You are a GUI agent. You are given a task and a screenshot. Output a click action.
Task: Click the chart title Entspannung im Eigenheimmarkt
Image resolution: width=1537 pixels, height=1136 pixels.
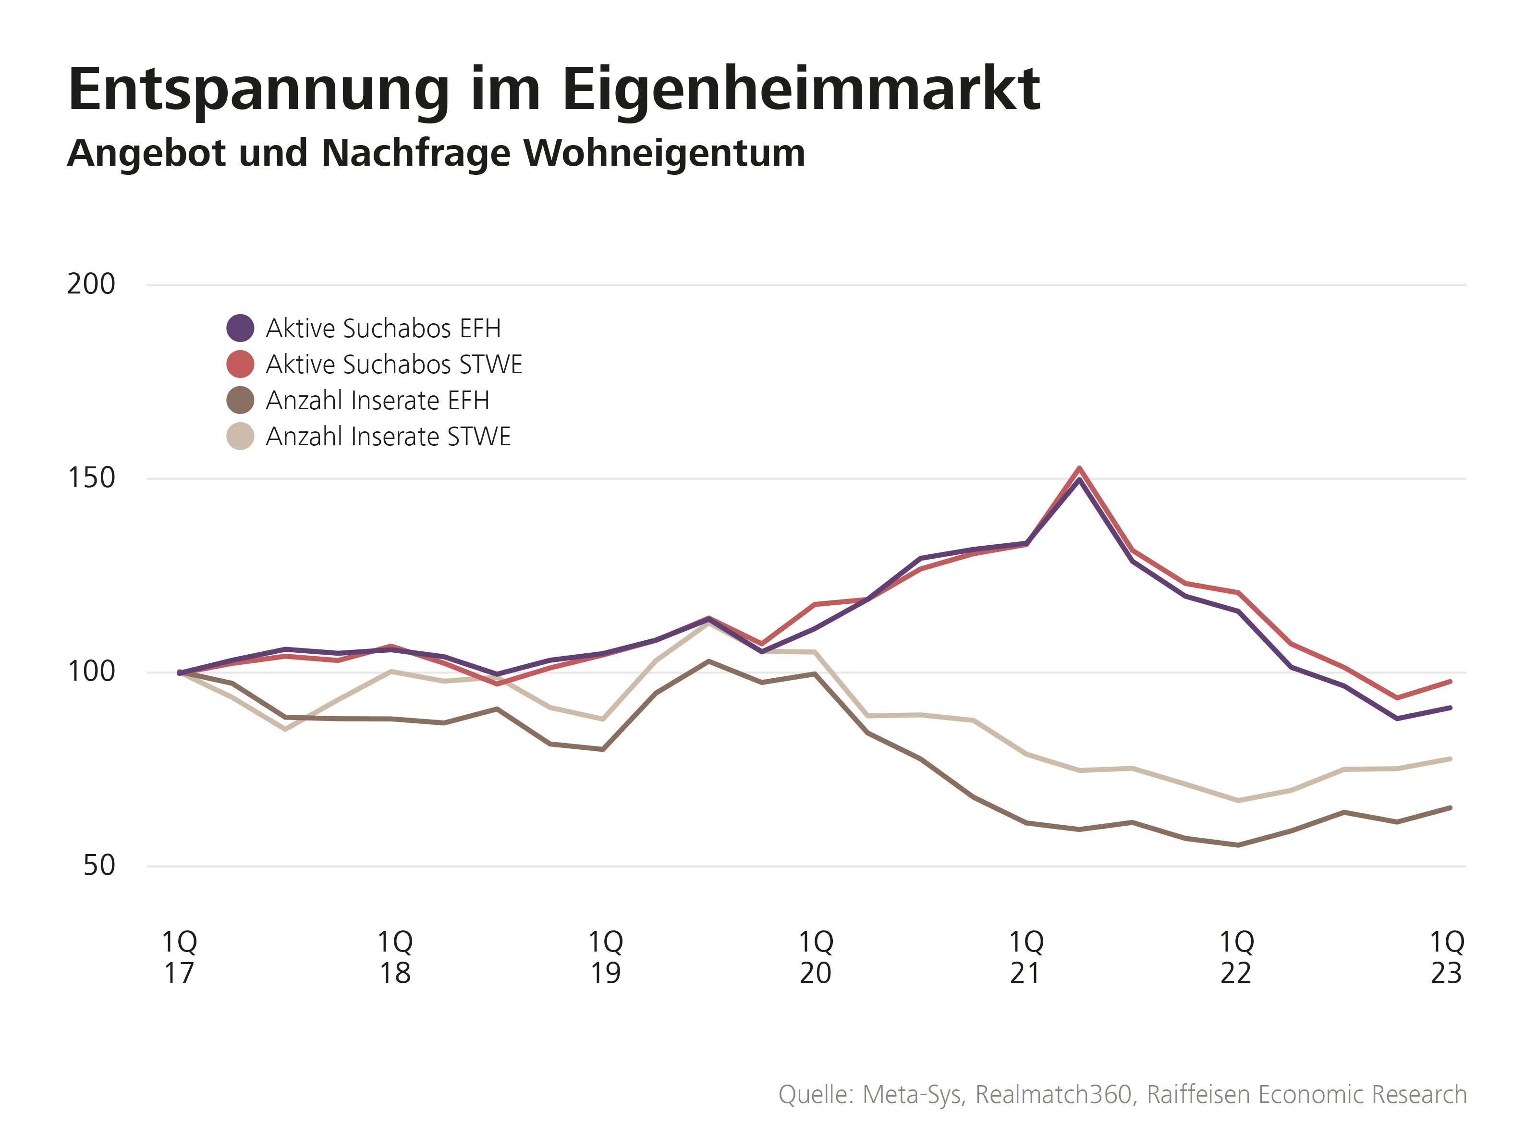(554, 89)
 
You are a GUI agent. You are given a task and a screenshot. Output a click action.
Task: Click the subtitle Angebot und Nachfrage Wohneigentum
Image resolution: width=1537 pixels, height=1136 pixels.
(436, 153)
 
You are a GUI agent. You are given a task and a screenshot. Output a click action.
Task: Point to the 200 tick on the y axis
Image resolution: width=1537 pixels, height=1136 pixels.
(91, 284)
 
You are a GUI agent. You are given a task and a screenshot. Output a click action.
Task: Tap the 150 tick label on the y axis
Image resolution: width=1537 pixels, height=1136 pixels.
(91, 478)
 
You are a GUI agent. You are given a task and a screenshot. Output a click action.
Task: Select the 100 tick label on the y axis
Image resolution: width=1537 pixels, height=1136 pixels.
(91, 672)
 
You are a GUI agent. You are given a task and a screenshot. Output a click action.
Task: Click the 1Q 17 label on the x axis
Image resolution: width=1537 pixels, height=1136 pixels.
(180, 957)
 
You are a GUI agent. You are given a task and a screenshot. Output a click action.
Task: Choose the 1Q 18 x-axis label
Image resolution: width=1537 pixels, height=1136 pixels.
(395, 957)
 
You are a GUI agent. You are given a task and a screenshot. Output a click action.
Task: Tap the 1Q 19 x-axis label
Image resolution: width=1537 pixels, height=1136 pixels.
(606, 957)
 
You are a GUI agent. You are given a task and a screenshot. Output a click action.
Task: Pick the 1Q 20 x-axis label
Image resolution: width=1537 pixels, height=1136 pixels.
(817, 957)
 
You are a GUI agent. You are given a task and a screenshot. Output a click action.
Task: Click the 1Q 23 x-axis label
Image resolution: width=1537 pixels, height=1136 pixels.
(1447, 957)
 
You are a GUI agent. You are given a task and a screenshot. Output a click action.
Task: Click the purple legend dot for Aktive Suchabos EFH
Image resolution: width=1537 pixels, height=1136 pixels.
(241, 328)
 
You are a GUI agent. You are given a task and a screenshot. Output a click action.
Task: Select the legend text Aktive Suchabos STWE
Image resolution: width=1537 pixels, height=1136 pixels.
(394, 365)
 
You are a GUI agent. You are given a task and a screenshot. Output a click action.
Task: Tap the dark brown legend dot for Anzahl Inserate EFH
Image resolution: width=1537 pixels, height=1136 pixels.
(241, 400)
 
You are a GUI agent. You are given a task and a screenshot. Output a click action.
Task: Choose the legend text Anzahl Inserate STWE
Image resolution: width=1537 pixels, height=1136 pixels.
(388, 437)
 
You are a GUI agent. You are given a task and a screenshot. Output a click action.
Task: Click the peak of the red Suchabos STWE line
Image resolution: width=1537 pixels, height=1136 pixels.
(1080, 468)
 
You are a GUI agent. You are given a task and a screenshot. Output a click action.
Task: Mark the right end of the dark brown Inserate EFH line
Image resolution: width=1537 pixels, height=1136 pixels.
(1450, 807)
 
